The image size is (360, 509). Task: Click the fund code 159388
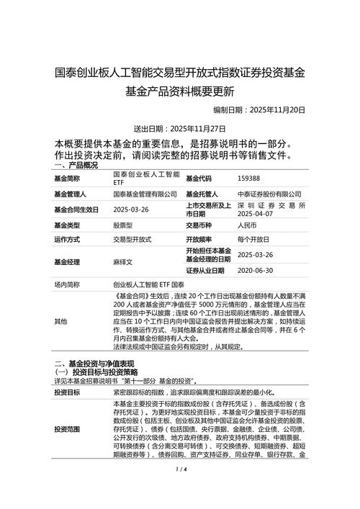pos(248,179)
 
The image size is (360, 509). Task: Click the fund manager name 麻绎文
pos(123,263)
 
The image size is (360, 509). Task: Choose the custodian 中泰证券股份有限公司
pos(269,194)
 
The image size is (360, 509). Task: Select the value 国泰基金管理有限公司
pos(145,194)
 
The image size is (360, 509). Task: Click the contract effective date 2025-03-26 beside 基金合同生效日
pos(131,210)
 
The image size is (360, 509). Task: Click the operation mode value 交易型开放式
pos(132,240)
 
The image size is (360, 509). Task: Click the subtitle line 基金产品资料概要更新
pos(180,91)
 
